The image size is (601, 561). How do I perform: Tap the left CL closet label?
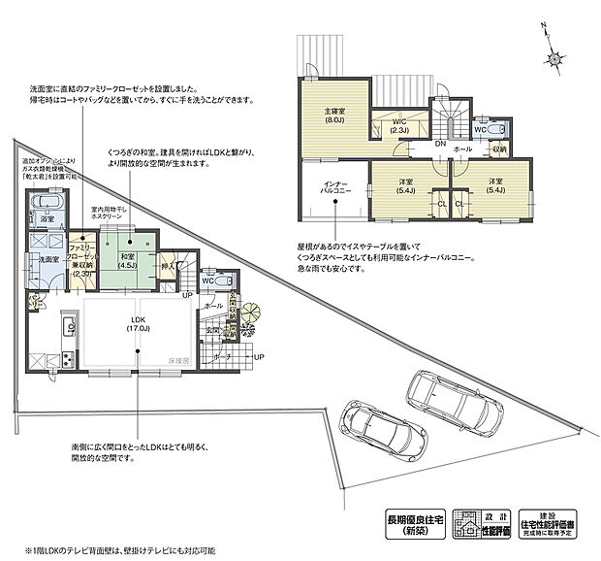point(440,205)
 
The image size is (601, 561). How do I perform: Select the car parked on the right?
point(452,399)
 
